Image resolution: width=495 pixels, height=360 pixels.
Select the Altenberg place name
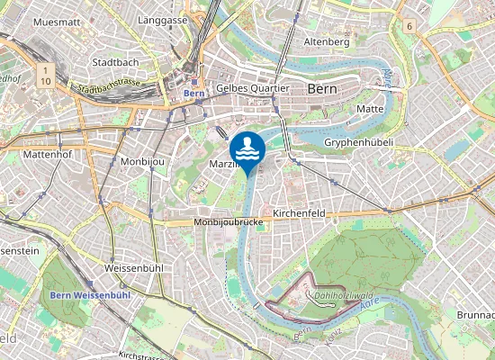click(327, 42)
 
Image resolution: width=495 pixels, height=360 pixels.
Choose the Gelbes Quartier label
click(253, 88)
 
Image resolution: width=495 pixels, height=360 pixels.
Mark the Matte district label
click(371, 108)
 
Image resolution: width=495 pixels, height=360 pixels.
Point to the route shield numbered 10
click(45, 81)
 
